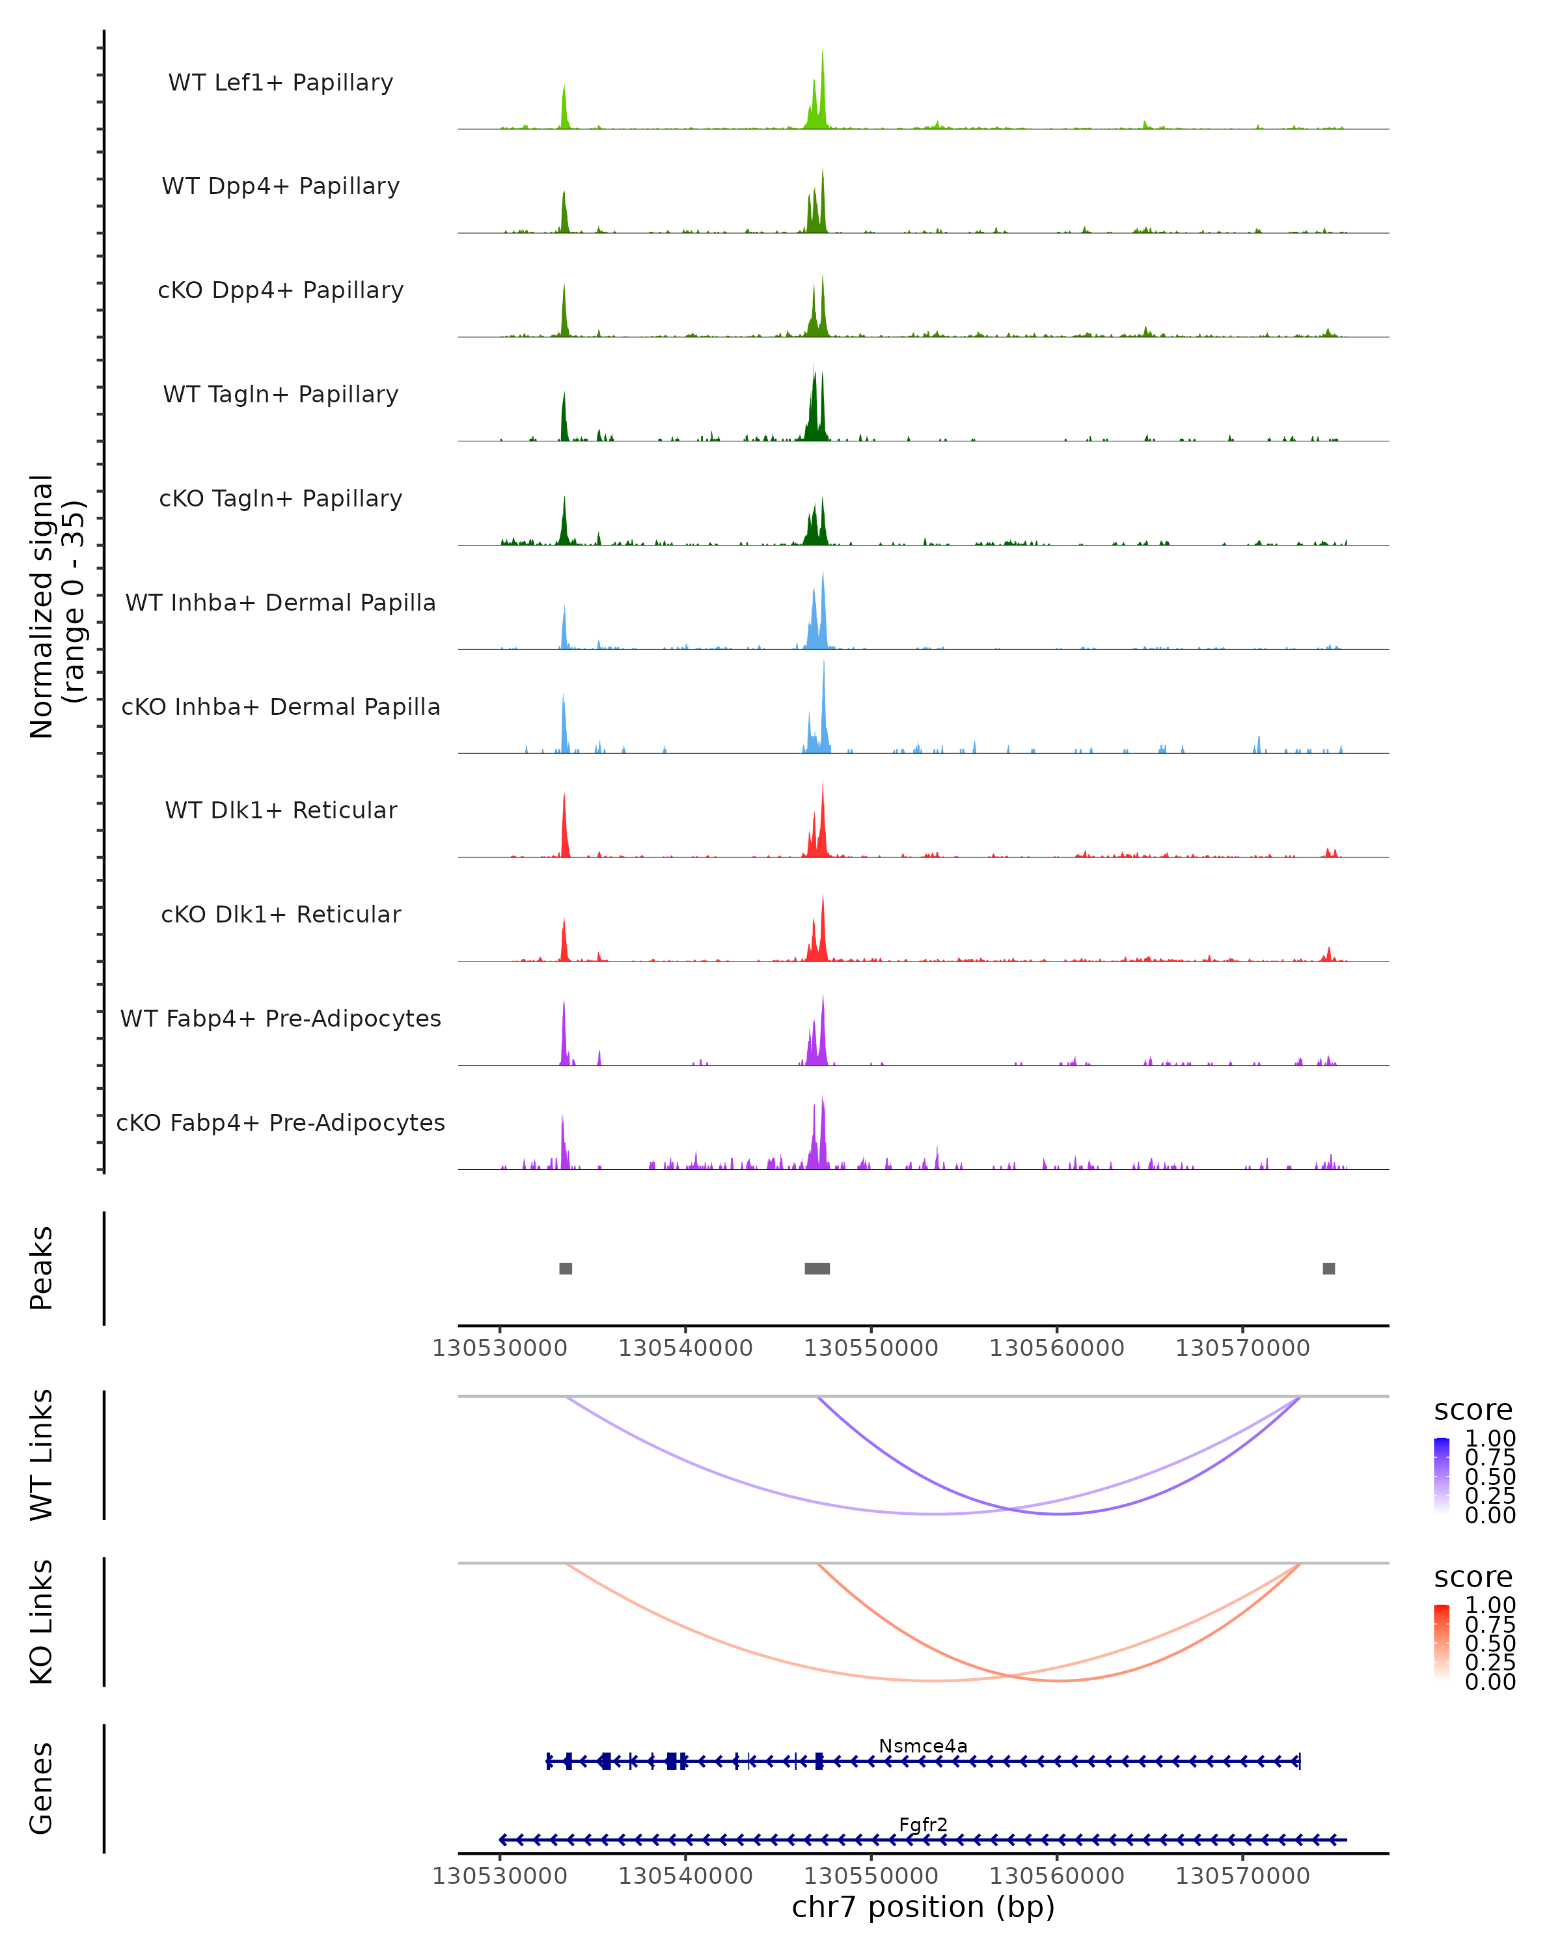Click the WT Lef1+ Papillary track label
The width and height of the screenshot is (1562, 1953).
click(281, 83)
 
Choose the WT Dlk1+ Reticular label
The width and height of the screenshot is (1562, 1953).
click(281, 810)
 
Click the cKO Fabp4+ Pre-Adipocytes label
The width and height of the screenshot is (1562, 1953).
click(281, 1122)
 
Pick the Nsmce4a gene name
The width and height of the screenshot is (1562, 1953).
click(923, 1745)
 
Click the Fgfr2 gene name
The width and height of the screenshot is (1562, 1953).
click(923, 1824)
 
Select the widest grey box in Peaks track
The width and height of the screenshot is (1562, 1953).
click(817, 1268)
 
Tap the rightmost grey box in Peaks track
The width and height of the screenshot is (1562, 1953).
click(1328, 1268)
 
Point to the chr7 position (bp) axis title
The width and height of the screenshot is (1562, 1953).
click(923, 1907)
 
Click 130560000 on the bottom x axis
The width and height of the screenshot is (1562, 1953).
click(1057, 1875)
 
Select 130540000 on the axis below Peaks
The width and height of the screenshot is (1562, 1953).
click(685, 1348)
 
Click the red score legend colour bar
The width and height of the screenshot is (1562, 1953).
click(1442, 1643)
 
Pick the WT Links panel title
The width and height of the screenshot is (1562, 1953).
click(42, 1455)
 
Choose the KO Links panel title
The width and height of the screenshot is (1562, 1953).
click(42, 1622)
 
